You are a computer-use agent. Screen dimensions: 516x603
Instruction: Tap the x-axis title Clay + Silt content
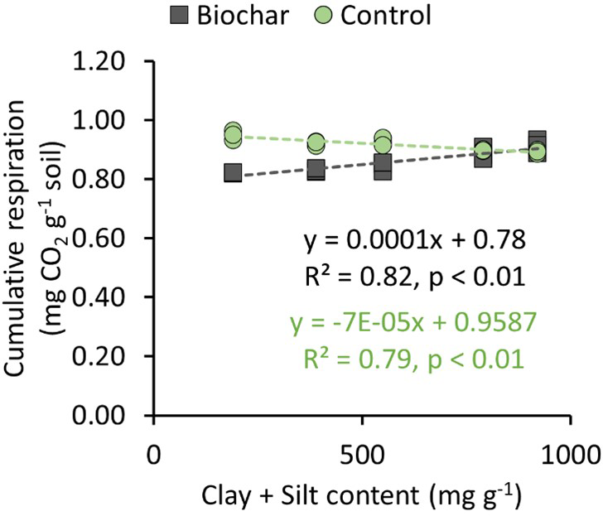click(359, 497)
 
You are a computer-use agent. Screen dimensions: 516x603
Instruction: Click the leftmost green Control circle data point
click(234, 133)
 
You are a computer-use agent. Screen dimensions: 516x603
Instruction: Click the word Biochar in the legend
click(237, 15)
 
